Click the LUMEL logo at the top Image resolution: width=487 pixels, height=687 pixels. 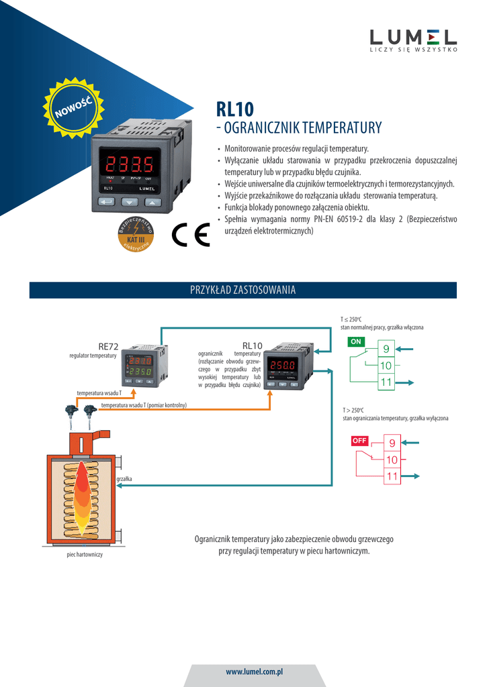[413, 39]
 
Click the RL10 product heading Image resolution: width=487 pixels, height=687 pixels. [234, 109]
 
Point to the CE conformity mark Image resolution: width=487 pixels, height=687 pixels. [190, 233]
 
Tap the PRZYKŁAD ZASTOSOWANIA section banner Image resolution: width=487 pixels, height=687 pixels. [243, 290]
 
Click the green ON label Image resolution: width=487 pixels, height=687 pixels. [357, 341]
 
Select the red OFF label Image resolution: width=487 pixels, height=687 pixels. [360, 441]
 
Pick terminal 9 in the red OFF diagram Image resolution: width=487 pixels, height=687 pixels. [392, 442]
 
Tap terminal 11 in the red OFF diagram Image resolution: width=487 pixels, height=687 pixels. [392, 476]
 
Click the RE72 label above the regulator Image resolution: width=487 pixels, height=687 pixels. [108, 346]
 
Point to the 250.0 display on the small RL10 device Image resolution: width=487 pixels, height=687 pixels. [283, 366]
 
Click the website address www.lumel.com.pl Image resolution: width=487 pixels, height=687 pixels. [254, 671]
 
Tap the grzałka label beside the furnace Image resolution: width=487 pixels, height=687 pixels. [124, 479]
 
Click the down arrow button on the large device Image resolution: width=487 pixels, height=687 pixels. [129, 201]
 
